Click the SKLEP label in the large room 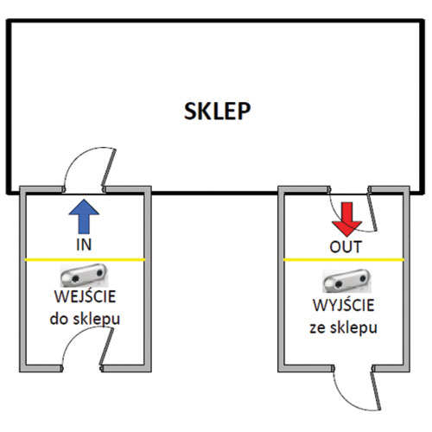217,111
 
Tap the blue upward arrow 84,216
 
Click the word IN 84,245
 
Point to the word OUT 346,247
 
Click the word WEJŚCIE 85,296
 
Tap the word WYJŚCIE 344,305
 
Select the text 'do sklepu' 85,319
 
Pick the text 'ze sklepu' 343,327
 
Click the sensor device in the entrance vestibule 84,275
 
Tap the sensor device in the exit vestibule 346,281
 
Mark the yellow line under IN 85,260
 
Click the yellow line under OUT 344,260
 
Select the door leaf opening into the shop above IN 109,168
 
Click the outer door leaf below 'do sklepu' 106,347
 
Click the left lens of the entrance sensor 76,278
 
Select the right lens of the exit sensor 363,278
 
